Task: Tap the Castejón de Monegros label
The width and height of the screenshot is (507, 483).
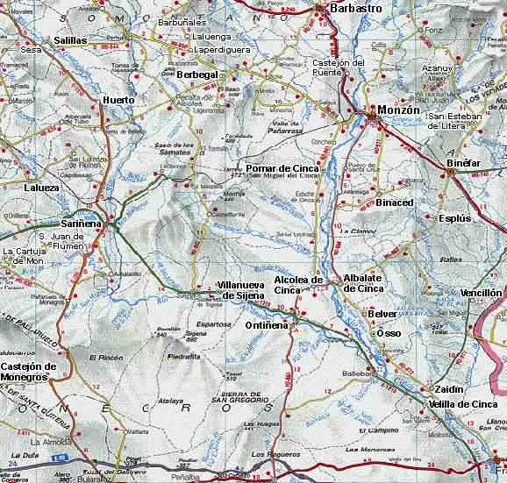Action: point(29,372)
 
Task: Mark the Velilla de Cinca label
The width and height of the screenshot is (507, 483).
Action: point(464,404)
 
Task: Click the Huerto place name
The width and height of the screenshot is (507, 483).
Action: point(118,100)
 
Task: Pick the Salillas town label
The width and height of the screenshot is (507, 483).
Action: point(70,40)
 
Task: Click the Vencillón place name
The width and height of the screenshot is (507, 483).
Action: point(481,293)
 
